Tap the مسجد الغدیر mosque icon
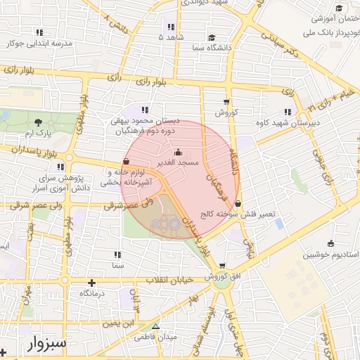178,152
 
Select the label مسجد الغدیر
181,162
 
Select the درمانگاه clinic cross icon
91,283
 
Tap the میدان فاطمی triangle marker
156,327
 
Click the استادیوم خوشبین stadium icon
330,243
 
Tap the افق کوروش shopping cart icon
223,266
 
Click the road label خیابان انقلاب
168,280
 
